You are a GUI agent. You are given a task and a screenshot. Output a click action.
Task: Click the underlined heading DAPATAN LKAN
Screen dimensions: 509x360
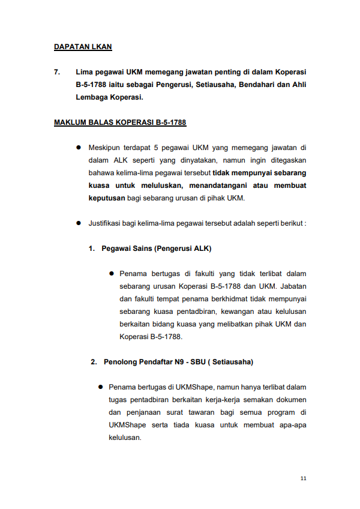83,46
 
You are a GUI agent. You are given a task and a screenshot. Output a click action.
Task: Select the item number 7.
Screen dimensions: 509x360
57,72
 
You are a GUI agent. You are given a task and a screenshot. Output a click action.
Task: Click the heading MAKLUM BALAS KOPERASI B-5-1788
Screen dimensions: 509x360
120,122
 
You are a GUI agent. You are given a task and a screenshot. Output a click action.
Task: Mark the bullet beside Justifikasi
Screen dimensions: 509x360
78,223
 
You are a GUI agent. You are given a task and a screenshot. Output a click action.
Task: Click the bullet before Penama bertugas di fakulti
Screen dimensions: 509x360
112,273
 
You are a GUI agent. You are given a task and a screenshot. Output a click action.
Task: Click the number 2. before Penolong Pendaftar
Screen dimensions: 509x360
94,362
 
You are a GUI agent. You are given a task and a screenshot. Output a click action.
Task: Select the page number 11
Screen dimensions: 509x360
304,478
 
